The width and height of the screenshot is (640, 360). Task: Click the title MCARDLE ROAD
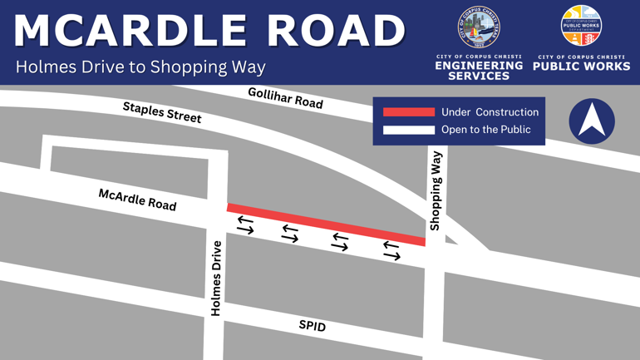209,32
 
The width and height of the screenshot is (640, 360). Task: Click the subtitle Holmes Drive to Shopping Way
140,67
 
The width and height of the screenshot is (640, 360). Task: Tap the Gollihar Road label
285,98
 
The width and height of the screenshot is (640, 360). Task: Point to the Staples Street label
162,112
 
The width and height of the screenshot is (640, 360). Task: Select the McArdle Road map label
137,200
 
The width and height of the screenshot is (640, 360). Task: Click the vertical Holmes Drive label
217,278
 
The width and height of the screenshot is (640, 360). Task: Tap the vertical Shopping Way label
436,190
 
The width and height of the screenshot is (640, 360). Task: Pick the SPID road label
313,326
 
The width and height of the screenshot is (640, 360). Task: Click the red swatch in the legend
408,112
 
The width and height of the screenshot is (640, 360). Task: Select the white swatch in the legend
408,130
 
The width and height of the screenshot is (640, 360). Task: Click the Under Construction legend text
490,112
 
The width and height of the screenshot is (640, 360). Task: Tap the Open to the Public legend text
485,130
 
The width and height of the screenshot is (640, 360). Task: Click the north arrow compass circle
592,121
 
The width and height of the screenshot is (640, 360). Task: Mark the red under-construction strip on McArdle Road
326,224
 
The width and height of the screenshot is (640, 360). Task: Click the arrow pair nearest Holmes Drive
245,224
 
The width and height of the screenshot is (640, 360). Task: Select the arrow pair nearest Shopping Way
391,249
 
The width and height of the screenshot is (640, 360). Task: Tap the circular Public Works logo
581,27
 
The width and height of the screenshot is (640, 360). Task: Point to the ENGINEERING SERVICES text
479,70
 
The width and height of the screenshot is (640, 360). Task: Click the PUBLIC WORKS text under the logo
581,66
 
